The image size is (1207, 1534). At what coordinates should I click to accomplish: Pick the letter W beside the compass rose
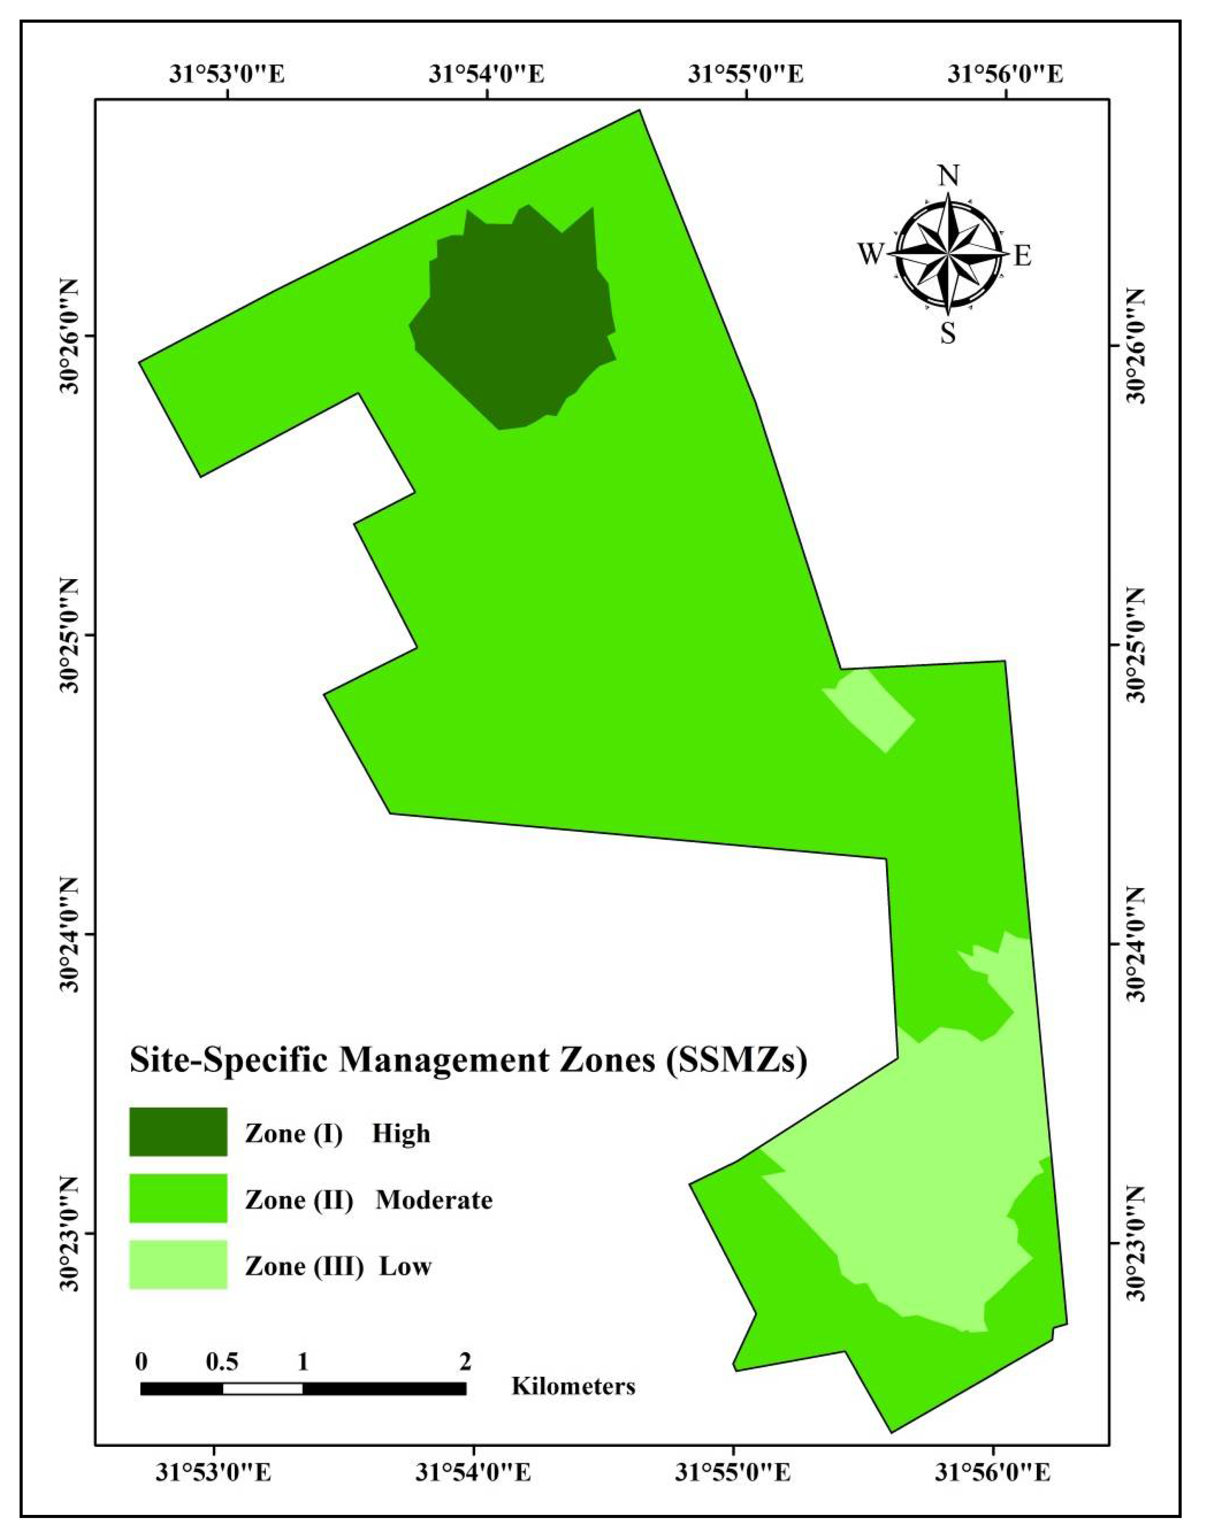tap(871, 253)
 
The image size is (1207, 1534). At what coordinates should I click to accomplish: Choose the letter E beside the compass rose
tap(1023, 255)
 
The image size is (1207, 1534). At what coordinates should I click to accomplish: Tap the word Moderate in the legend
tap(434, 1199)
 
